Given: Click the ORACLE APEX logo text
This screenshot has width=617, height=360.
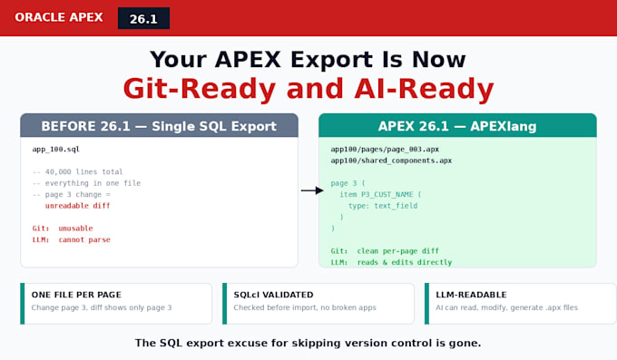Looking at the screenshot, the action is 59,17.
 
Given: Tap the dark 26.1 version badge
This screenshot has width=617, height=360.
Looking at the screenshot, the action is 143,18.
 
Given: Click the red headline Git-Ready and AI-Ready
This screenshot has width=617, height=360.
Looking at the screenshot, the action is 308,89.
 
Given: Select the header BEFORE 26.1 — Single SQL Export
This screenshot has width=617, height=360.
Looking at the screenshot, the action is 159,126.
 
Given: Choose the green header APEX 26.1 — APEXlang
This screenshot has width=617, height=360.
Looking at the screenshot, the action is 457,126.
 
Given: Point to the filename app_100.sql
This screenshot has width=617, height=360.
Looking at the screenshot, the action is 56,149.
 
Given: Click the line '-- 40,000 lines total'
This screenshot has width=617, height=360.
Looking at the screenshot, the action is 77,171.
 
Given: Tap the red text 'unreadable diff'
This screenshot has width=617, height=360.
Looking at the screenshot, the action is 77,205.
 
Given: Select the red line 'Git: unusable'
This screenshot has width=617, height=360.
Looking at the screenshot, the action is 63,229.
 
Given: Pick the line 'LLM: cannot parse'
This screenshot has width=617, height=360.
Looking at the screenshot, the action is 71,239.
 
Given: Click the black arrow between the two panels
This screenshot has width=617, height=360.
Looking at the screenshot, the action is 312,190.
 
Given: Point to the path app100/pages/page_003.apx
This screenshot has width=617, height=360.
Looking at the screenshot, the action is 385,149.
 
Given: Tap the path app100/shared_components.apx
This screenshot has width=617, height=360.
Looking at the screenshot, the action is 391,161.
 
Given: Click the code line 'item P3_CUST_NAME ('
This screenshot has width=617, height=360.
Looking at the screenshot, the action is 380,194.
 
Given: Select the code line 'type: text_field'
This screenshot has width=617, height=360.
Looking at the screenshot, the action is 383,206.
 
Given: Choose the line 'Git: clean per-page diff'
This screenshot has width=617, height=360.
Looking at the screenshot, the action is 385,251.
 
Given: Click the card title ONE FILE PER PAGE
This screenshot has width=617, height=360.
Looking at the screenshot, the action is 76,295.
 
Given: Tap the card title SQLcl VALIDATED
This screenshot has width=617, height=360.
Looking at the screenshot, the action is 273,295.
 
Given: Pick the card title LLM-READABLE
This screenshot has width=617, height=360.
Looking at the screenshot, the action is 471,295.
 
